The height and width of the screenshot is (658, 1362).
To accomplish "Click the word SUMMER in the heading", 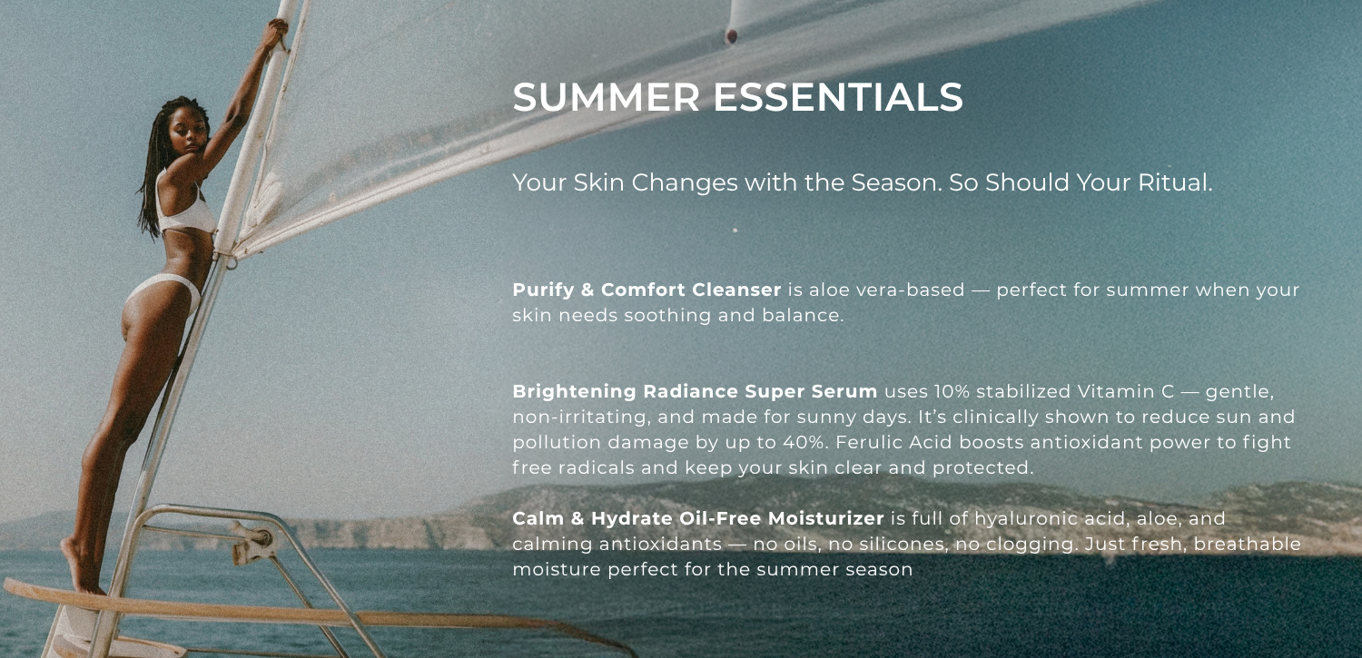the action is coord(607,97).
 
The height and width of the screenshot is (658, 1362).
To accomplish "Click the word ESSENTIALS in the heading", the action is coord(838,97).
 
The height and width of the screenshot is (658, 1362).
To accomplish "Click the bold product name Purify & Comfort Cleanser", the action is coord(646,290).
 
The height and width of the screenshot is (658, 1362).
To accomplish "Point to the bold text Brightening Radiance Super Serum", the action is coord(695,391).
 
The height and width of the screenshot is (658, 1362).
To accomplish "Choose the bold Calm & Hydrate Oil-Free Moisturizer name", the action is coord(698,518).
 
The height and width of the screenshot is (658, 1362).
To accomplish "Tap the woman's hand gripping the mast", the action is coord(277,34).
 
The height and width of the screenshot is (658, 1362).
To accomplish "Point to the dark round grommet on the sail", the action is coord(732,35).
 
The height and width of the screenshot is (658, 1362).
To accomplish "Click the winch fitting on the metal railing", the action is coord(254,541).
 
